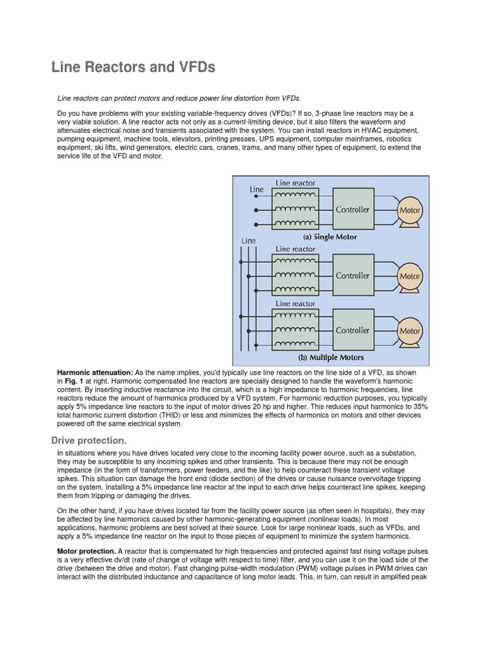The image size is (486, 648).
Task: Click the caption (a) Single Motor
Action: click(330, 237)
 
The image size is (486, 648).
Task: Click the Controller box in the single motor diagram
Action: click(353, 209)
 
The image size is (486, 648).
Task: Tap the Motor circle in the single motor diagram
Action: click(409, 209)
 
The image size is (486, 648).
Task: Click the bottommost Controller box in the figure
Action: click(353, 330)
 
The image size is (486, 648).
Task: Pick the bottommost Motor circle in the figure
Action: click(409, 331)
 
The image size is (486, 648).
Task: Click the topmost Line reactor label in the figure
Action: click(296, 183)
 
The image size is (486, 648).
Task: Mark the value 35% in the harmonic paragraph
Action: click(420, 407)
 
